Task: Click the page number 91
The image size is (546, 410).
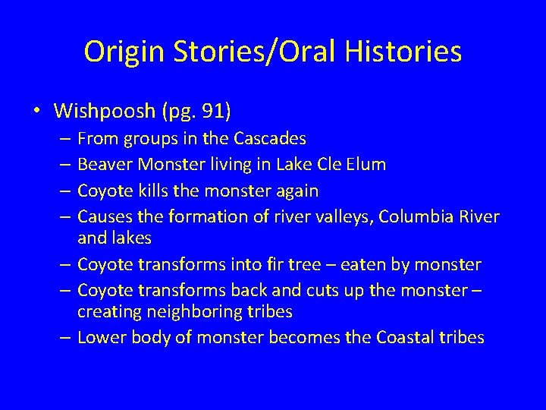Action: point(214,112)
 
